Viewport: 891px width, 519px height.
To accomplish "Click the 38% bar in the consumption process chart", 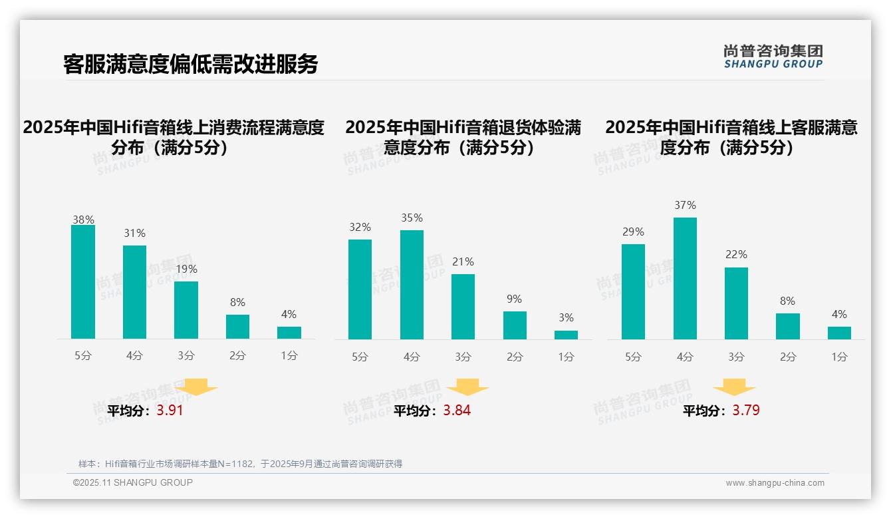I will click(x=83, y=282).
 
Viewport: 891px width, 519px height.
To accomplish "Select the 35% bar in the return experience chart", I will click(x=412, y=285).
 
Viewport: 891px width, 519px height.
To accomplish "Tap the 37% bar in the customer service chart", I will click(x=685, y=278).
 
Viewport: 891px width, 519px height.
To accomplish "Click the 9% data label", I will click(x=514, y=299).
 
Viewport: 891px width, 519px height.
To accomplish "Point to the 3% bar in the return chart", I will click(x=566, y=335).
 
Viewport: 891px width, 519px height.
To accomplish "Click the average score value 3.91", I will click(x=170, y=411).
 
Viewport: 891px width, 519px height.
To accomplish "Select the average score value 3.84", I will click(x=457, y=411).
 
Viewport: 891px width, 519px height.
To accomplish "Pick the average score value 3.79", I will click(x=746, y=411).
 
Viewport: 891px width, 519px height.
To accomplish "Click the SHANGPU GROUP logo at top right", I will click(x=773, y=57).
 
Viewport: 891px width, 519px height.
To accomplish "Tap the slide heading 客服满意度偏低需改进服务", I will click(x=191, y=64).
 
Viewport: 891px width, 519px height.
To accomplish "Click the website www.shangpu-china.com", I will click(x=775, y=483).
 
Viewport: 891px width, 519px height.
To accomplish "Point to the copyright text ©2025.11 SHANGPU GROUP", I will click(x=133, y=482).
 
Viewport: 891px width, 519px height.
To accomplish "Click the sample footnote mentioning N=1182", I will click(x=240, y=464).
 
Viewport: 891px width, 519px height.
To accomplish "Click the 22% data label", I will click(x=736, y=255).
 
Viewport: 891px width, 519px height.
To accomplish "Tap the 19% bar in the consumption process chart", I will click(x=186, y=310).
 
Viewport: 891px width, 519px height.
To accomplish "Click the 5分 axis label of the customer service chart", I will click(x=633, y=357).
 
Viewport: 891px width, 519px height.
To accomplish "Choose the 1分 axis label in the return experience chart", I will click(x=566, y=357).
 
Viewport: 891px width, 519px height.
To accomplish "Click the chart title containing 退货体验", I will click(x=463, y=137).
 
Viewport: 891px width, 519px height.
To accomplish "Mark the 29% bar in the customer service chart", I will click(x=633, y=291).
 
